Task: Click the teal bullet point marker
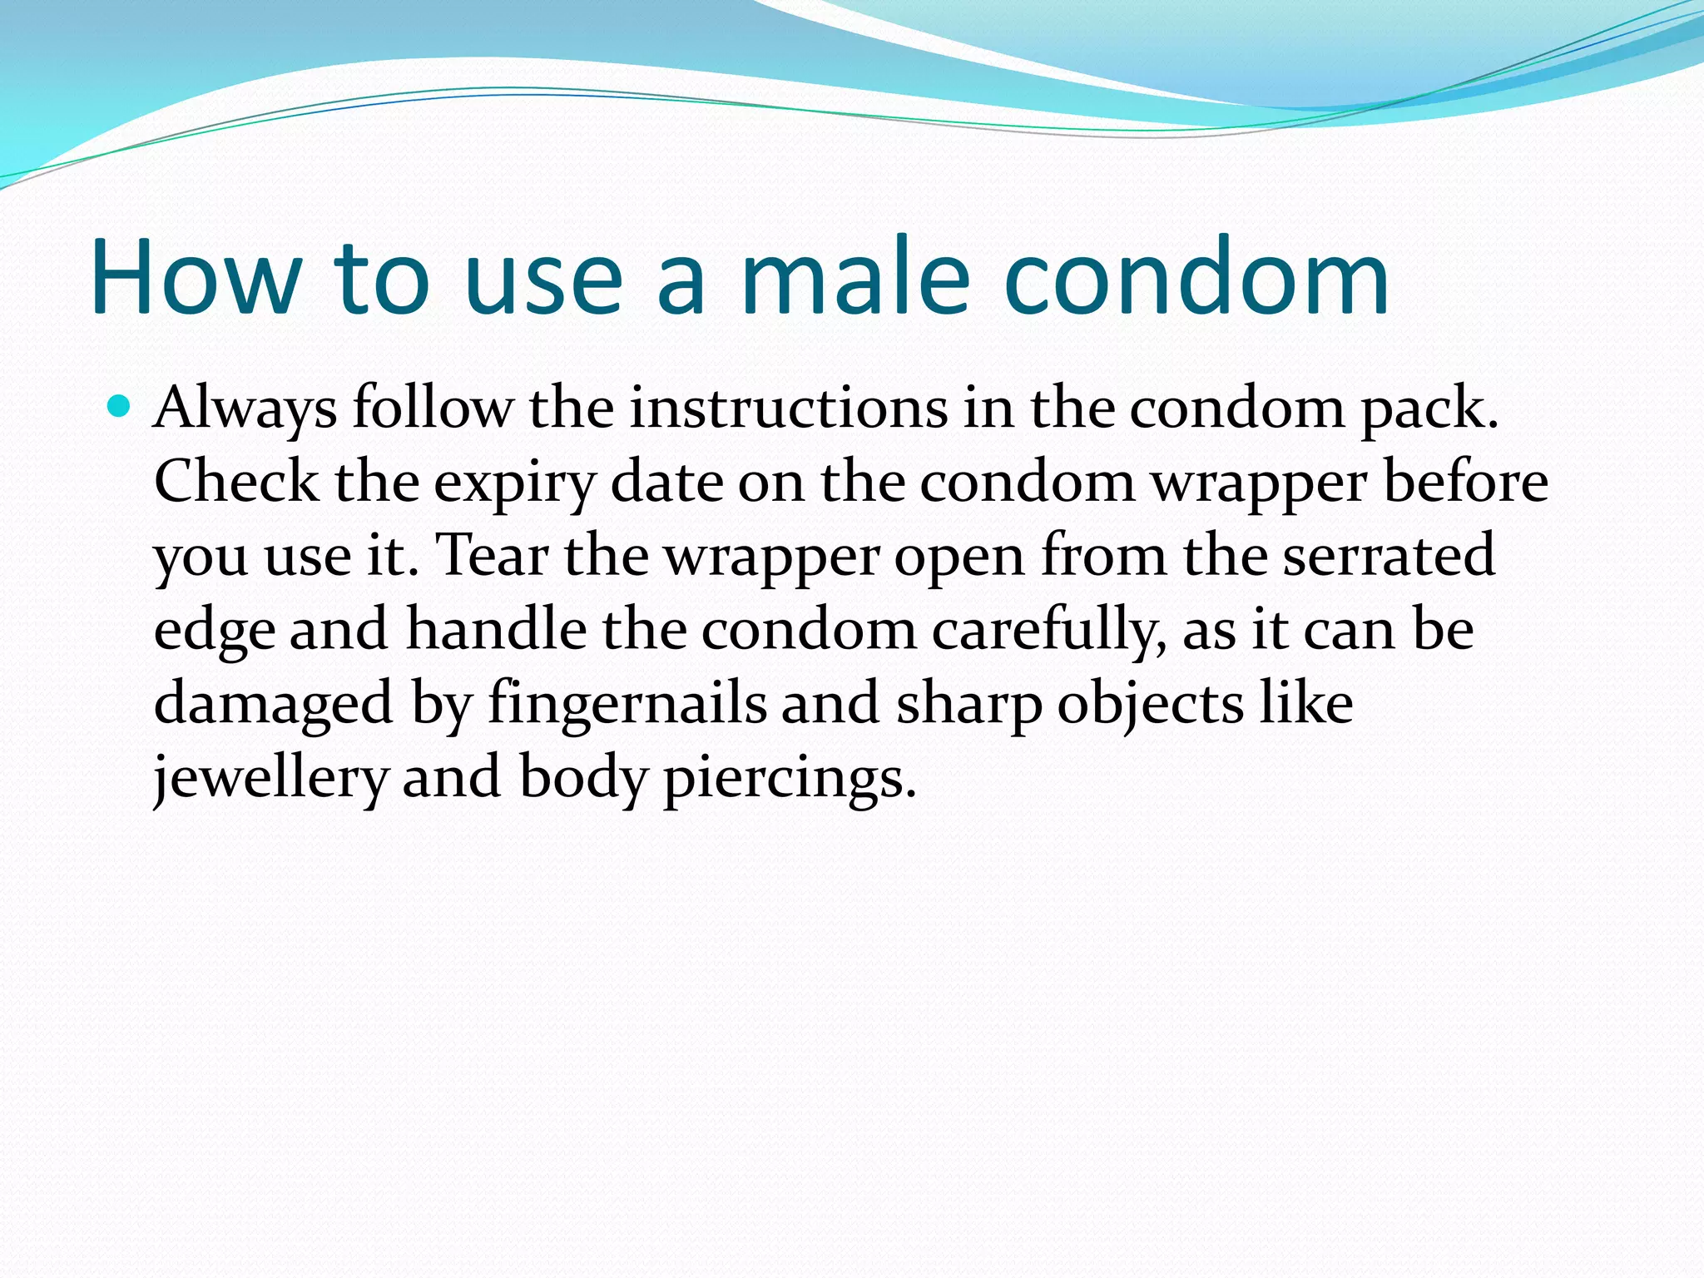coord(120,407)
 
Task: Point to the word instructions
coord(788,409)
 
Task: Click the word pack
coord(1429,409)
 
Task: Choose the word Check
coord(236,482)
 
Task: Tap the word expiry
coord(515,483)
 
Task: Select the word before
coord(1465,482)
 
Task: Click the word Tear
coord(492,555)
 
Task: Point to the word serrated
coord(1389,555)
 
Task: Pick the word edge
coord(214,630)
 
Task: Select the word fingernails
coord(627,704)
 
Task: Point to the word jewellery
coord(270,777)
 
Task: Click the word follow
coord(433,409)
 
